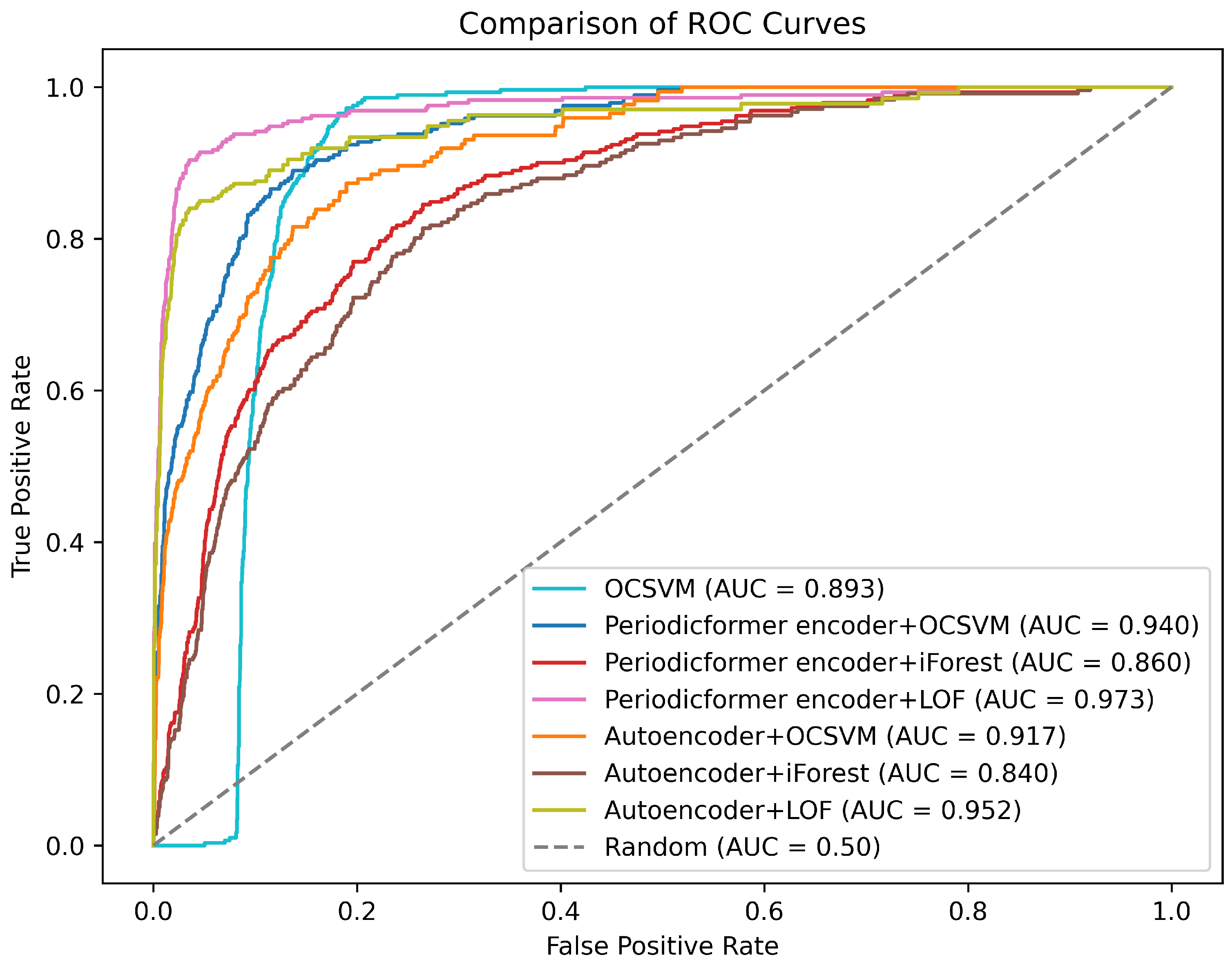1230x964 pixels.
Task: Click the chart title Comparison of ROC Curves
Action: click(x=661, y=24)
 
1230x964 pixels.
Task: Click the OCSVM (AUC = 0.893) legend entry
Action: click(x=743, y=589)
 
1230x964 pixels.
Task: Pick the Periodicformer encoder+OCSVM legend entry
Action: click(x=901, y=626)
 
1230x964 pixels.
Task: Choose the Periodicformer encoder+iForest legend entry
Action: click(x=897, y=663)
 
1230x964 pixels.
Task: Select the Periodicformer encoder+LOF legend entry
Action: click(x=878, y=700)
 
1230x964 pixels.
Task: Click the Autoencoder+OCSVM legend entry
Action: click(x=834, y=737)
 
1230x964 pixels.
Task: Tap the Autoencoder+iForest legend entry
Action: click(x=830, y=773)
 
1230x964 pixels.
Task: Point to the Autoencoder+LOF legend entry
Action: click(x=812, y=810)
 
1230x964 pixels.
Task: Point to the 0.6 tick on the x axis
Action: click(x=763, y=911)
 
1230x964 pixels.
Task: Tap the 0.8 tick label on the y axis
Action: click(x=65, y=239)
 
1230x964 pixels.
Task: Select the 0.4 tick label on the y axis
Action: click(x=65, y=542)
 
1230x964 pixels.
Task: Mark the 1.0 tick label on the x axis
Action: click(x=1171, y=911)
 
